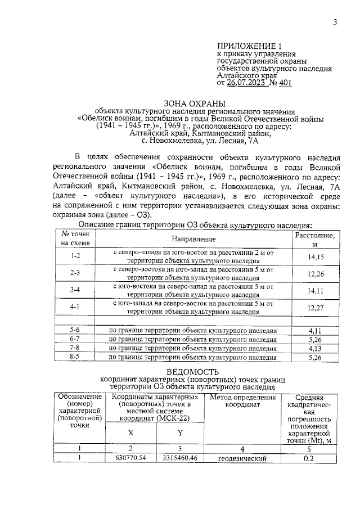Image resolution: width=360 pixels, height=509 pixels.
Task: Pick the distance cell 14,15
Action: coord(315,257)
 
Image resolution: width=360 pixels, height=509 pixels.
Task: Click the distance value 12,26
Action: coord(315,274)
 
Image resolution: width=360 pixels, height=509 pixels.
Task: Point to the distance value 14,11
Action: coord(315,291)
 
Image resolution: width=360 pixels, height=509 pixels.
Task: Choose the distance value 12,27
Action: coord(315,308)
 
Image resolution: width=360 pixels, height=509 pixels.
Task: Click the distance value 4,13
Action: coord(315,348)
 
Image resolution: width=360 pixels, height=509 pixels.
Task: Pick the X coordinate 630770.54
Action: coord(131,458)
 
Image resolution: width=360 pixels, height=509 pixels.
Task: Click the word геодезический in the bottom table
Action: coord(242,458)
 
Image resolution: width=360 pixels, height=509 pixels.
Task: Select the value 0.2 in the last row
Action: coord(308,458)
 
